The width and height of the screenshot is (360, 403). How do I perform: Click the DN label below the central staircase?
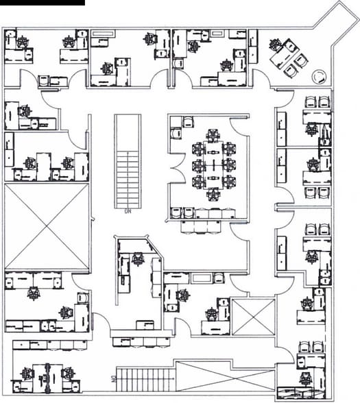coord(128,211)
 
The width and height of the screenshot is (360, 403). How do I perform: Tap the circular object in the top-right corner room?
coord(319,76)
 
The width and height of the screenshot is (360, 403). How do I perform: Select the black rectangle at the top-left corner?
coord(43,3)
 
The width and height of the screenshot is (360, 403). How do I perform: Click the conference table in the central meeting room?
coord(213,165)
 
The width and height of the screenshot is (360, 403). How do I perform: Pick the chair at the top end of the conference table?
coord(213,135)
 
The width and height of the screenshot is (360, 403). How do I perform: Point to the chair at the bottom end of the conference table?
coord(213,195)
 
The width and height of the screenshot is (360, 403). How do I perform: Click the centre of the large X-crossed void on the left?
coord(47,226)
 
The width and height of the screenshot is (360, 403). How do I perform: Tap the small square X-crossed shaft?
coord(253,317)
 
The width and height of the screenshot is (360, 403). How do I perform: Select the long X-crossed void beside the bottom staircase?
coord(225,376)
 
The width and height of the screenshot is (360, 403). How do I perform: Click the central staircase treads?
coord(128,179)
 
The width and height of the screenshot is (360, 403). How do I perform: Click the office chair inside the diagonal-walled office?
coord(138,259)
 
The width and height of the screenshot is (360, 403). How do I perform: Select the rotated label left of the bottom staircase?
coord(112,379)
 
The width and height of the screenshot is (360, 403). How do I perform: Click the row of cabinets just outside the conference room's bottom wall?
coord(201,226)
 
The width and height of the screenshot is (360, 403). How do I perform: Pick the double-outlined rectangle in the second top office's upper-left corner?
coord(104,34)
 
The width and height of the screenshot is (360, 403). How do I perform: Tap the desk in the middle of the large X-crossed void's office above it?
coord(44,167)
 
